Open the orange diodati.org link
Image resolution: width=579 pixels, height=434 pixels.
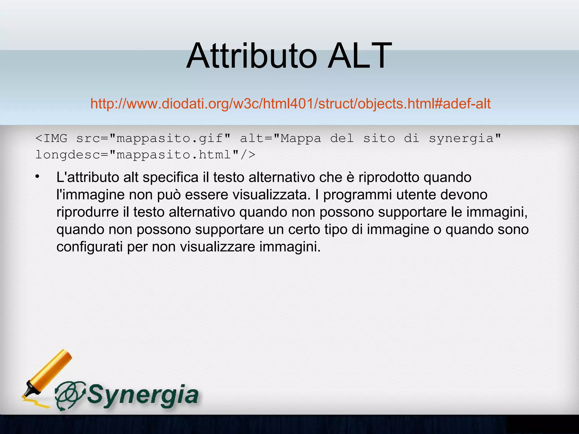pos(290,104)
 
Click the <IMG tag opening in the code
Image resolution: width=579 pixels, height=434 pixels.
pos(51,138)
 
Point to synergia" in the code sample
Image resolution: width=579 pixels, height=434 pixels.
pos(465,139)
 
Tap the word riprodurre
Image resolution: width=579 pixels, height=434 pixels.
pos(88,212)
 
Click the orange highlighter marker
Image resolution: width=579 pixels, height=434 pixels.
pos(48,373)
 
